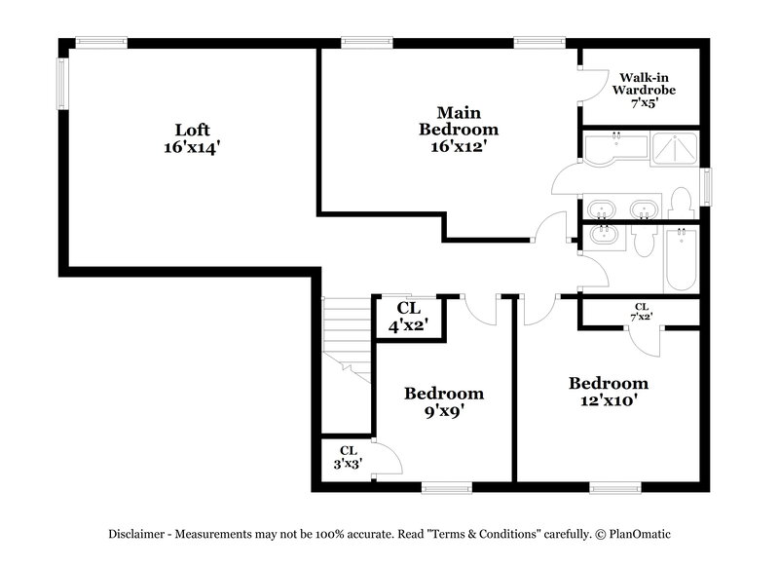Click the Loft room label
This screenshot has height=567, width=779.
point(192,137)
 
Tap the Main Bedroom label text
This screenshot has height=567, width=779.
point(459,129)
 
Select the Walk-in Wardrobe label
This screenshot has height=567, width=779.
point(643,89)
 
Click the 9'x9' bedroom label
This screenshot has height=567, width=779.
point(444,401)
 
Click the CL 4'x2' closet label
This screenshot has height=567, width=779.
point(409,318)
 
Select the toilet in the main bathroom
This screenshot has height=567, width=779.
point(681,206)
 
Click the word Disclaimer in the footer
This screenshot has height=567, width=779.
point(139,534)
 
